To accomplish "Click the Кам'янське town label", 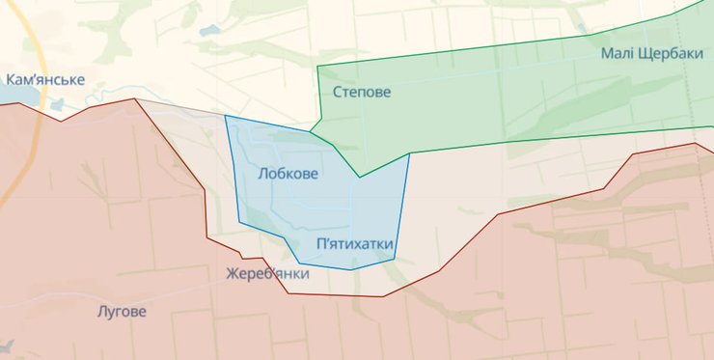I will (x=45, y=80).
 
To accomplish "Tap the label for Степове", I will (x=362, y=93).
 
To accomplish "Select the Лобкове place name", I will (x=288, y=174).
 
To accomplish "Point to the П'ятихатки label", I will (x=354, y=245).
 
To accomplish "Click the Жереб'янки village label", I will (x=267, y=274).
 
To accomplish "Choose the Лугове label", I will (x=123, y=312).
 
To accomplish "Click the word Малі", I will (x=618, y=54).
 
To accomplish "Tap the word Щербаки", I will (x=670, y=54).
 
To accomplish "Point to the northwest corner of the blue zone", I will (x=226, y=117).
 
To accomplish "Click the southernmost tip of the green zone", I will (x=360, y=177).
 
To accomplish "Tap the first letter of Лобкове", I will (x=263, y=174).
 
